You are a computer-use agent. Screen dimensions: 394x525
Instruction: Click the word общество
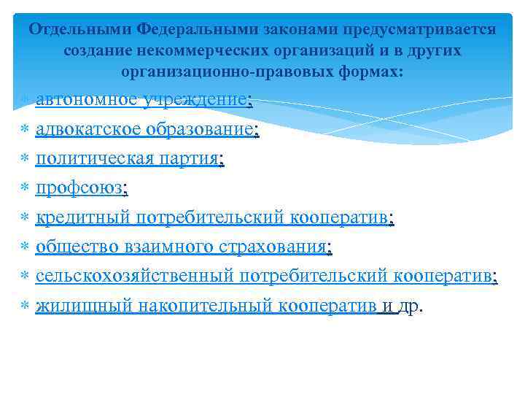(x=69, y=247)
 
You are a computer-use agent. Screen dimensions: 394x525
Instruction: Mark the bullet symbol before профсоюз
(x=24, y=189)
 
